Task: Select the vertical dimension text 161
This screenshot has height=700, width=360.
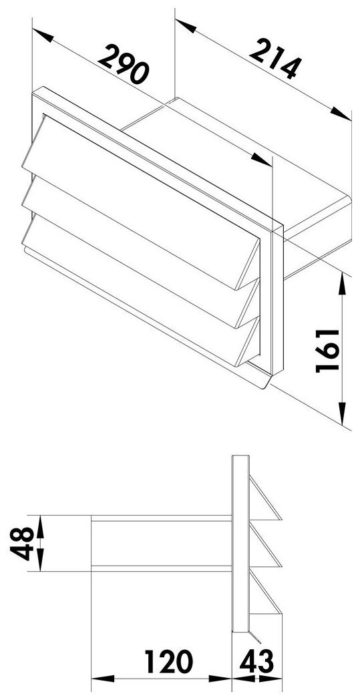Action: (327, 351)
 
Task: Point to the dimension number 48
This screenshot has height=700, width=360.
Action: (21, 543)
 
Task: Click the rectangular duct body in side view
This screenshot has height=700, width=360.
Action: (161, 543)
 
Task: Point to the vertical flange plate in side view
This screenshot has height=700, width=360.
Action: (240, 543)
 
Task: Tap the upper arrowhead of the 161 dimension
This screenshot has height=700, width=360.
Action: (342, 284)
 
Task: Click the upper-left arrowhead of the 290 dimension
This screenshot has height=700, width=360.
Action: (43, 35)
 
